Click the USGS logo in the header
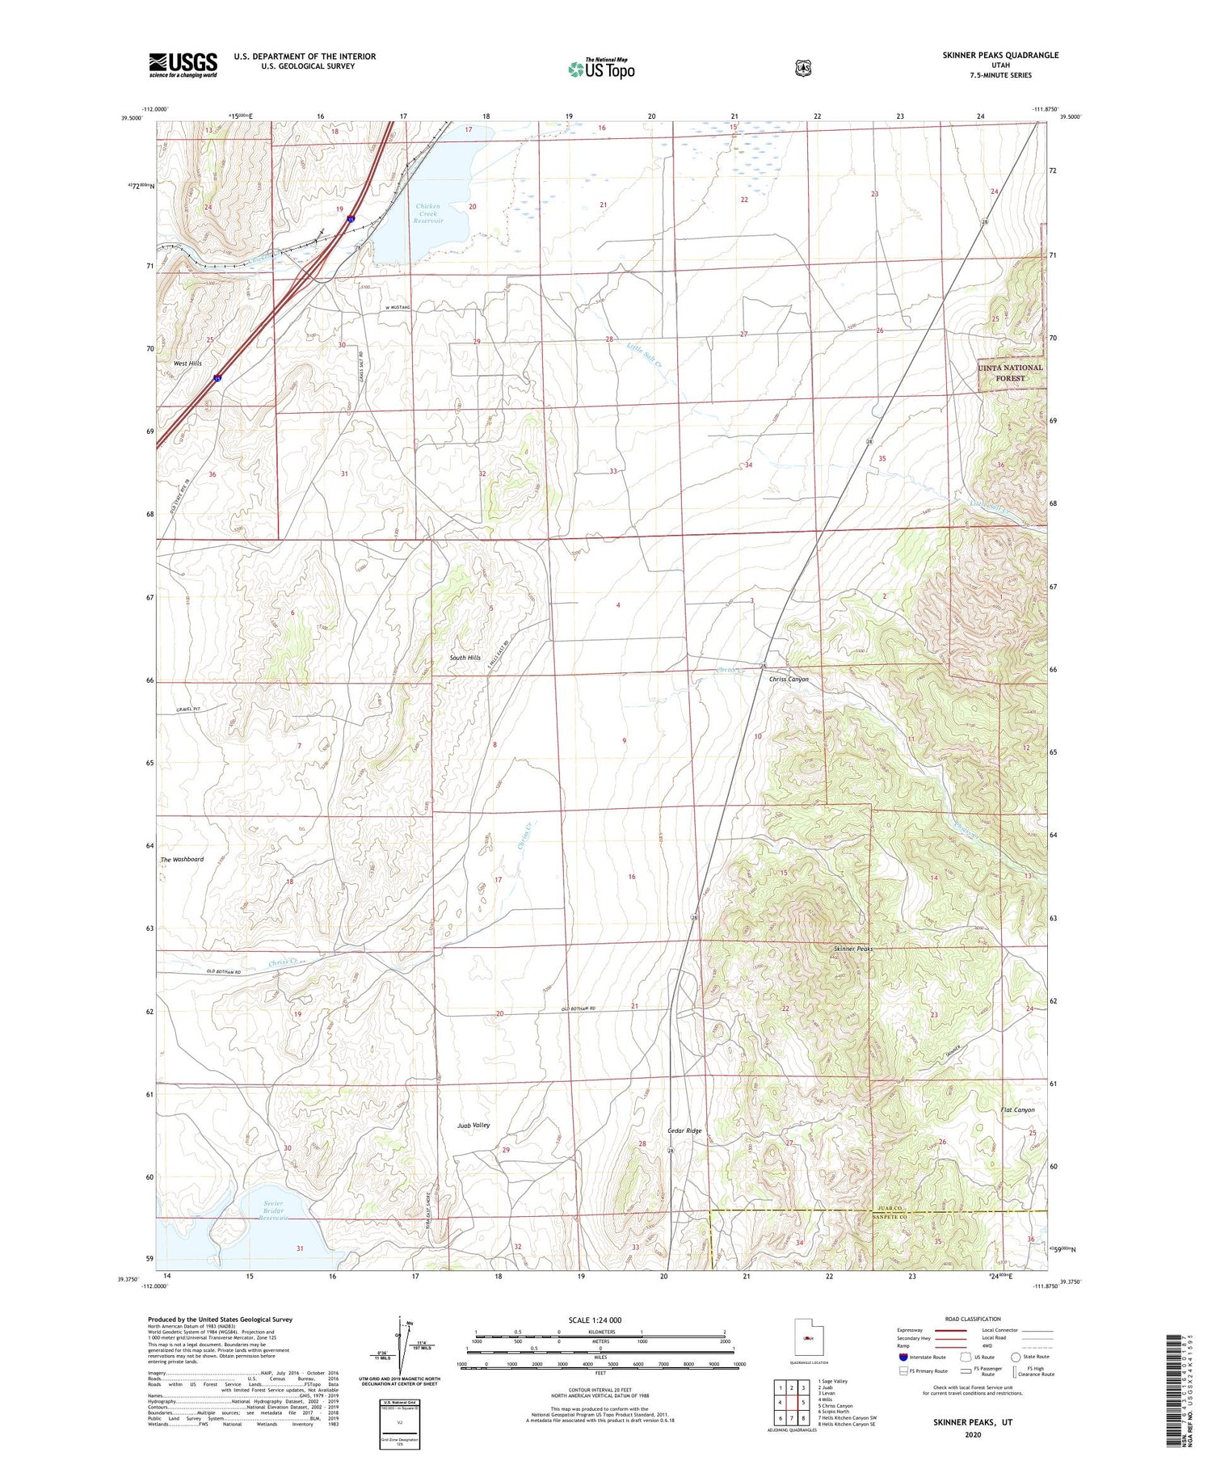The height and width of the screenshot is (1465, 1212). click(183, 65)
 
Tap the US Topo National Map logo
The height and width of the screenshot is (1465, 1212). click(601, 69)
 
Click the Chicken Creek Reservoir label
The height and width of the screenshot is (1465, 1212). click(428, 213)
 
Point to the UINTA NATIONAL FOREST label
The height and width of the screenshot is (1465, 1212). click(1010, 373)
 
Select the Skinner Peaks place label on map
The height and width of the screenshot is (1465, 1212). click(852, 949)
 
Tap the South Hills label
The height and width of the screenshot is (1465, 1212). click(465, 658)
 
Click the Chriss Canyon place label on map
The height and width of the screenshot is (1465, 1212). click(788, 680)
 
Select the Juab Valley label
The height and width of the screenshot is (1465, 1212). click(473, 1125)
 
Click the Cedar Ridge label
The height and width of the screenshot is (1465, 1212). click(684, 1130)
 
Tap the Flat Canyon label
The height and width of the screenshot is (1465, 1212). click(1017, 1109)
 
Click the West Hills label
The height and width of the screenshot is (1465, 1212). click(187, 364)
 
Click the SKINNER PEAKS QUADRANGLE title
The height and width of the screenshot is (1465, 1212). click(999, 55)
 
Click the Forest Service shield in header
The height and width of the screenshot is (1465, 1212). click(802, 69)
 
